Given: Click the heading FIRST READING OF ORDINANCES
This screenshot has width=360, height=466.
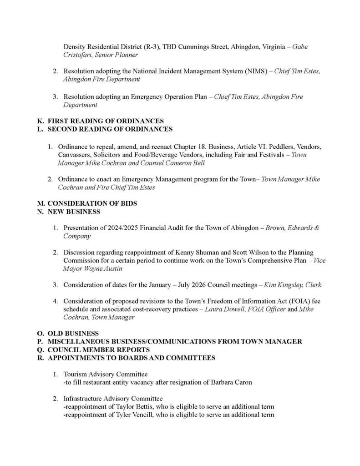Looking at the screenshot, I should [106, 121].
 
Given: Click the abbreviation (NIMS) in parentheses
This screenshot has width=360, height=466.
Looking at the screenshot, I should [244, 71].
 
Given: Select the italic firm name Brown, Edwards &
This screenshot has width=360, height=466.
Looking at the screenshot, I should [293, 228].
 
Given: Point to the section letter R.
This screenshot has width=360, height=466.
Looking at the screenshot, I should [40, 358].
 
